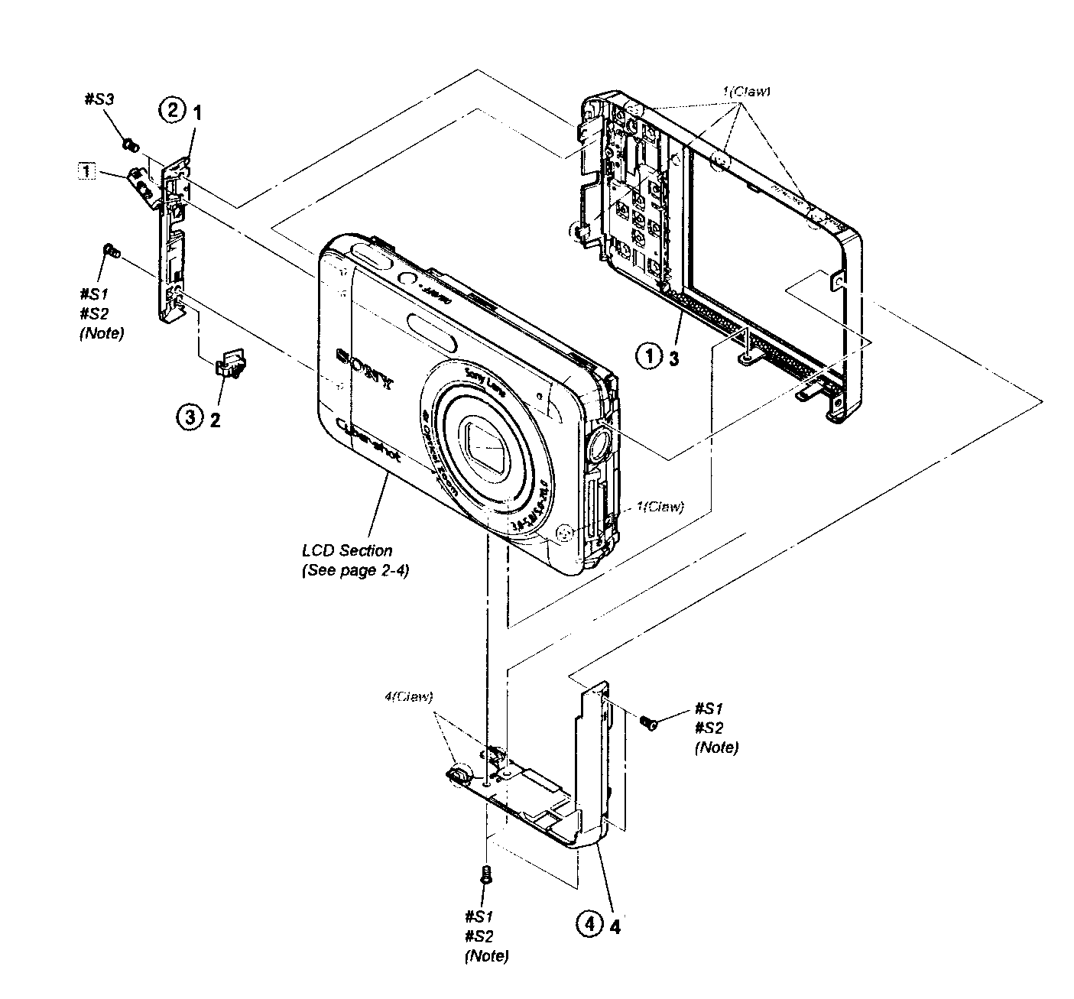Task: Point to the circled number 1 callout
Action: [650, 356]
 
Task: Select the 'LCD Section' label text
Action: [347, 550]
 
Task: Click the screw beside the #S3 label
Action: [129, 144]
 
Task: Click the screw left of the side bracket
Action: [110, 250]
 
